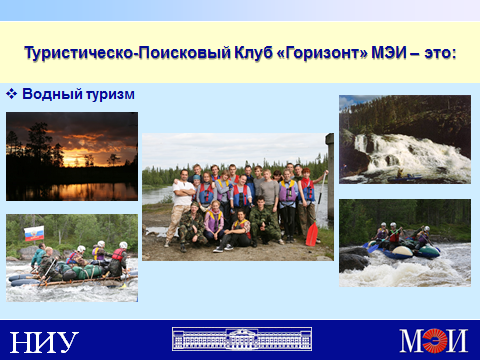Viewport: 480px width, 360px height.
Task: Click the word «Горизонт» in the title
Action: pyautogui.click(x=322, y=53)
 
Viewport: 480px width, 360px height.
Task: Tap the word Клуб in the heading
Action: pyautogui.click(x=253, y=53)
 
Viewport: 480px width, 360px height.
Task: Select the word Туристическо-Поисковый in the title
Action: pyautogui.click(x=127, y=53)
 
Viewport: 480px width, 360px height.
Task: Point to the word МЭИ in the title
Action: pyautogui.click(x=389, y=53)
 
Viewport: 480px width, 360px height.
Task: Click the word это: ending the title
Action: pyautogui.click(x=440, y=53)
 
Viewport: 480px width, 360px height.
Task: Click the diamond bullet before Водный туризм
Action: pyautogui.click(x=11, y=94)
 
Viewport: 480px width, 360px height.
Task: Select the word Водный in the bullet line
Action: pyautogui.click(x=52, y=94)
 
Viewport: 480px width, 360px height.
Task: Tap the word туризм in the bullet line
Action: pyautogui.click(x=110, y=95)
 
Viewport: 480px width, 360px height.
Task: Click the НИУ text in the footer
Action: pyautogui.click(x=44, y=342)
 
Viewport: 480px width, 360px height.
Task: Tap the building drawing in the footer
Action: pyautogui.click(x=242, y=339)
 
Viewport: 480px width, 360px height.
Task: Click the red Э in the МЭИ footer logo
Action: pyautogui.click(x=434, y=340)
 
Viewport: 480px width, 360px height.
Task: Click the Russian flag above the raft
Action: pyautogui.click(x=34, y=233)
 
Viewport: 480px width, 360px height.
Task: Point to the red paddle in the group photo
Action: pyautogui.click(x=312, y=234)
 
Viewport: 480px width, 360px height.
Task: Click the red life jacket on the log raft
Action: pyautogui.click(x=118, y=254)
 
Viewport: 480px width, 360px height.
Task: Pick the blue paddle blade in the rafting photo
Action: pyautogui.click(x=373, y=248)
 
